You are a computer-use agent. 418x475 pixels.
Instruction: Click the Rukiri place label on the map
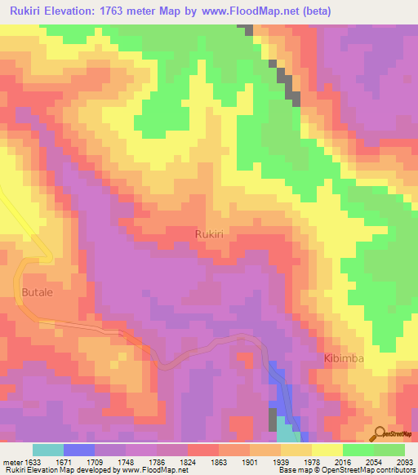[x=210, y=233]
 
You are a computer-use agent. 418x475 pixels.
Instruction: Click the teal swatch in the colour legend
[x=48, y=450]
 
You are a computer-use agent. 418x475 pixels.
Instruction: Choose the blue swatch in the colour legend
[x=79, y=450]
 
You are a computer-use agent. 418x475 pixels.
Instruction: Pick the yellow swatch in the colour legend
[x=327, y=450]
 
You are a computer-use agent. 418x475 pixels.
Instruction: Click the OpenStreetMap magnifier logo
[x=380, y=433]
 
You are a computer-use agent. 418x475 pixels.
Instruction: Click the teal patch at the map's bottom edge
[x=287, y=430]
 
